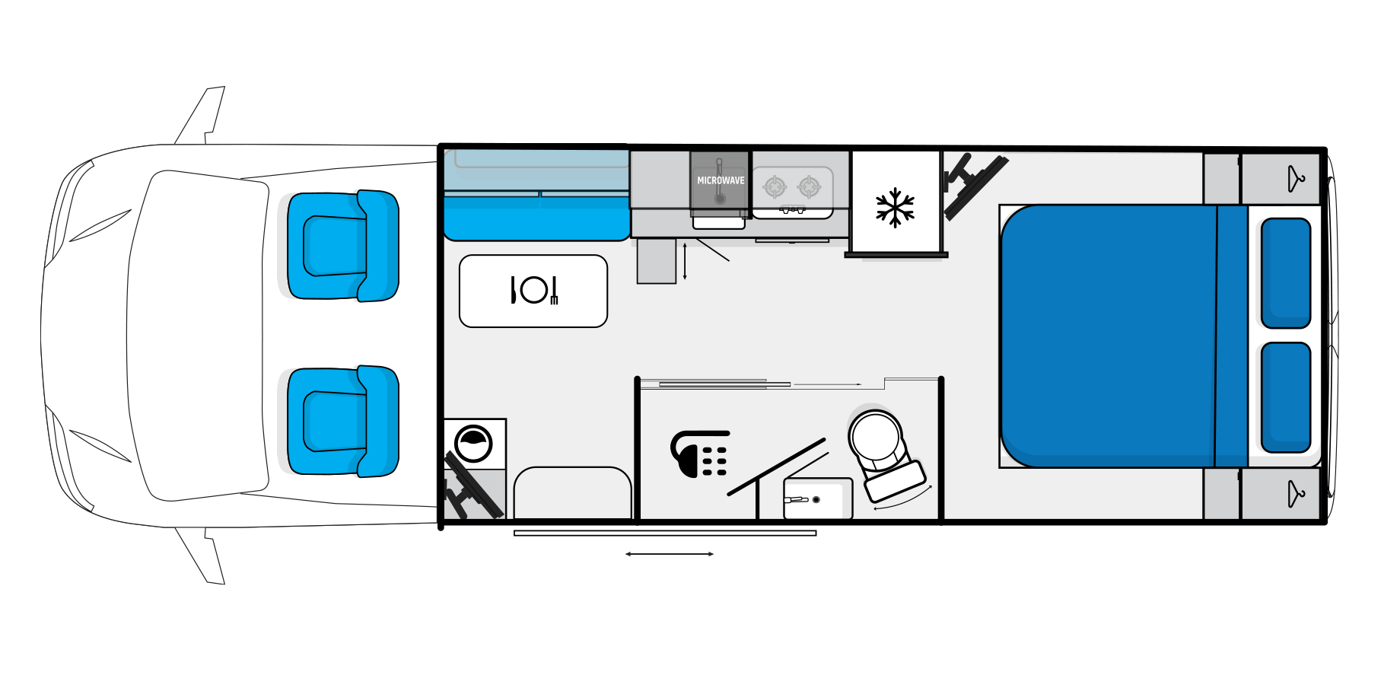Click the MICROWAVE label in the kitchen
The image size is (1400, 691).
point(721,180)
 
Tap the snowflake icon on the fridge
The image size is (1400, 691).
point(895,207)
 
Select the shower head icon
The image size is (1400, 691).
point(698,454)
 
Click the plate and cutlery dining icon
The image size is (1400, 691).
point(534,290)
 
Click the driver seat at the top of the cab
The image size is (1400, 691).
point(342,245)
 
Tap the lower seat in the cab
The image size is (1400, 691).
point(342,421)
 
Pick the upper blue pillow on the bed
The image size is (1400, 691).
point(1286,273)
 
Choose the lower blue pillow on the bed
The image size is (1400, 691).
point(1286,397)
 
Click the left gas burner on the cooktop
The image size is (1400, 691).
point(775,186)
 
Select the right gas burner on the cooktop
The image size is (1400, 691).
point(809,186)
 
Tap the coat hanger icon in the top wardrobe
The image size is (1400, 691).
point(1296,180)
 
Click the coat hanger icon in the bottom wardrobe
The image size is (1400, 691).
point(1296,494)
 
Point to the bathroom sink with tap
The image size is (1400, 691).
point(818,499)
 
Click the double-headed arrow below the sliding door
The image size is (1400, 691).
point(670,554)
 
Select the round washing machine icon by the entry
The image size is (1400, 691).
point(473,444)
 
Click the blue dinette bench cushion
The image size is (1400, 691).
point(537,218)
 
